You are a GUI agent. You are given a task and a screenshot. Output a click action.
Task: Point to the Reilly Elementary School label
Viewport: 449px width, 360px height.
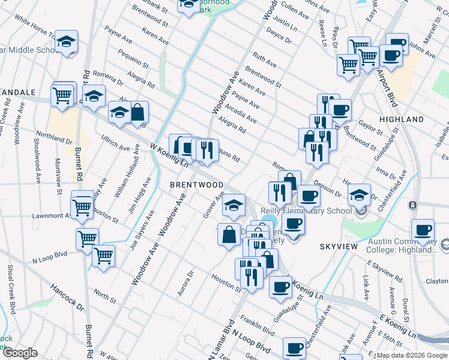[x=306, y=211]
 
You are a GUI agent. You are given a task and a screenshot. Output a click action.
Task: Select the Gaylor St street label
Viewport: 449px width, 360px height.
[x=370, y=127]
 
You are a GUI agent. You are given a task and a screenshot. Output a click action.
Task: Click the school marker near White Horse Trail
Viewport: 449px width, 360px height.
[x=67, y=42]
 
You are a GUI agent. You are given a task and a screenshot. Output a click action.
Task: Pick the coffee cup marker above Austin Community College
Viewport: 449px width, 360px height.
[x=423, y=230]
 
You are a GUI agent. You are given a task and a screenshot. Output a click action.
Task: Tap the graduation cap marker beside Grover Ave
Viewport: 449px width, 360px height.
[x=234, y=205]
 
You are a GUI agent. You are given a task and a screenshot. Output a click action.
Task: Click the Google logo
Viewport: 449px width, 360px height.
[x=20, y=353]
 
